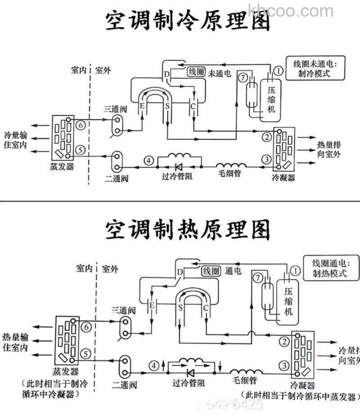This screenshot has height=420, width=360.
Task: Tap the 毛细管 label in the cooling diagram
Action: click(x=229, y=173)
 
